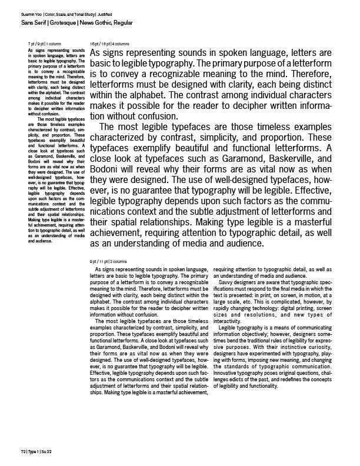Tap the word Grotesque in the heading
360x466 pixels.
point(60,22)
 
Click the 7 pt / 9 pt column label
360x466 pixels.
point(42,45)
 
